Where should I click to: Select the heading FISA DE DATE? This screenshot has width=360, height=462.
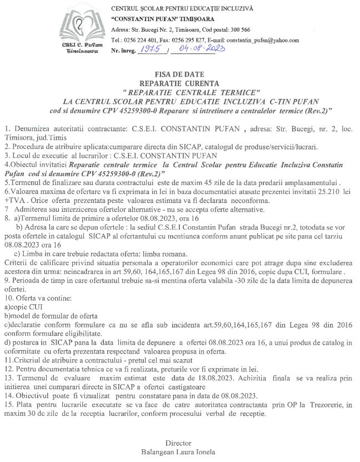pos(180,74)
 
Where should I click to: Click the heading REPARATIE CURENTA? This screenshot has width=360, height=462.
pos(180,82)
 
